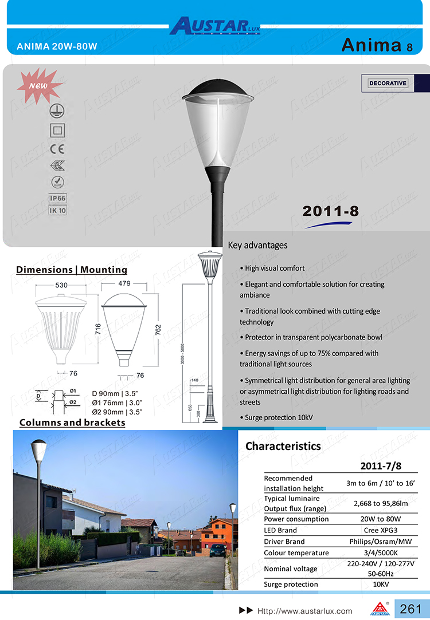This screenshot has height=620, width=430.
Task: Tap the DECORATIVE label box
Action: click(x=388, y=84)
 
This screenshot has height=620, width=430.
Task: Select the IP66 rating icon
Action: click(x=58, y=198)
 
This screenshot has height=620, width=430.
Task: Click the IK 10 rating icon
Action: click(x=58, y=210)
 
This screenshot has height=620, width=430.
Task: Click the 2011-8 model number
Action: click(x=330, y=211)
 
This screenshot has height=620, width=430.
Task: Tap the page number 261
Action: click(x=411, y=609)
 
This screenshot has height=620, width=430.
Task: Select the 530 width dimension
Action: click(x=61, y=285)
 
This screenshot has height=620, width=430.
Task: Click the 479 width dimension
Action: click(x=124, y=283)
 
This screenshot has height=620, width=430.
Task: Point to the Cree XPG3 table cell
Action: click(x=381, y=530)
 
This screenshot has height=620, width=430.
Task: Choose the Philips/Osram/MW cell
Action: click(x=381, y=542)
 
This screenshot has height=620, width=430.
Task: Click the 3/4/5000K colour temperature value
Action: click(x=381, y=553)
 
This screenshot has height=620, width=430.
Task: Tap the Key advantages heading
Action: click(x=257, y=246)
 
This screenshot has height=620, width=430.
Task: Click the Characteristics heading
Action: click(x=283, y=446)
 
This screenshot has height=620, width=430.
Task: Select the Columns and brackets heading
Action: click(x=72, y=422)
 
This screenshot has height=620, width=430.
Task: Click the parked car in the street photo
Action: click(x=217, y=550)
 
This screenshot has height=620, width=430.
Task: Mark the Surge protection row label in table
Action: click(x=291, y=584)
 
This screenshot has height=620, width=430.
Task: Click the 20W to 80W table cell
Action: click(x=381, y=519)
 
